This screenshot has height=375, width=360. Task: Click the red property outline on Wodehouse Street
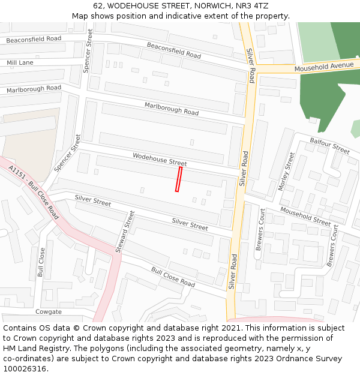tap(178, 179)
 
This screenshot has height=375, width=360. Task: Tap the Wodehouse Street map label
tap(160, 159)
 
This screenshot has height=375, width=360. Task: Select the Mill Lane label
tap(20, 62)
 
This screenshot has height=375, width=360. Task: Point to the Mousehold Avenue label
tap(324, 67)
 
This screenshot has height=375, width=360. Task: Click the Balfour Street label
tap(329, 145)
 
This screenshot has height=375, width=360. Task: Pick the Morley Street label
tap(286, 172)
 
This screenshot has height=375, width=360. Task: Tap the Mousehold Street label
tap(305, 217)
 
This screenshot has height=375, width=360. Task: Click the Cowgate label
tap(48, 312)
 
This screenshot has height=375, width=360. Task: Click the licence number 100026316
tap(25, 369)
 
